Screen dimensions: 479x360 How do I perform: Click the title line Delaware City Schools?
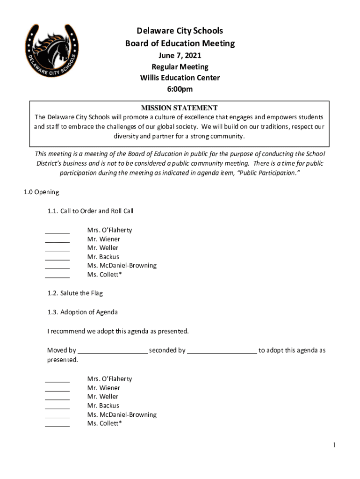(180, 31)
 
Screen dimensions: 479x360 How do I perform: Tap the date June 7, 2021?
(180, 56)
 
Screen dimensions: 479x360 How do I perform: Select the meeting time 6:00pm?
(180, 89)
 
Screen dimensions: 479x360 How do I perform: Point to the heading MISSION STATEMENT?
(180, 108)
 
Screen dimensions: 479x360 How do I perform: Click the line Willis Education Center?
(180, 78)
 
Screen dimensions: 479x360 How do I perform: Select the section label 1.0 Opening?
(42, 192)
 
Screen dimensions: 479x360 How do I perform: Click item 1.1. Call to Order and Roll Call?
(90, 211)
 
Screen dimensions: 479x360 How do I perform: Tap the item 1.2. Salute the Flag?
(75, 293)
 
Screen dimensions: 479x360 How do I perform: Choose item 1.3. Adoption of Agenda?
(82, 312)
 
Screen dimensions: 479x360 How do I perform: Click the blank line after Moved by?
(113, 352)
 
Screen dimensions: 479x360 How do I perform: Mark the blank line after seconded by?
(222, 352)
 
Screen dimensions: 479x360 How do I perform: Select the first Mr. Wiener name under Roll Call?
(103, 239)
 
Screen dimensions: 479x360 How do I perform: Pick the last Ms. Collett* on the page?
(104, 423)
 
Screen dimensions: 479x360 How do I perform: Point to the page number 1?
(334, 445)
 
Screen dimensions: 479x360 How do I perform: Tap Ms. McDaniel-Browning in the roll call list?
(122, 266)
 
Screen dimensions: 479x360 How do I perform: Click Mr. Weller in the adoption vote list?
(102, 397)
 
